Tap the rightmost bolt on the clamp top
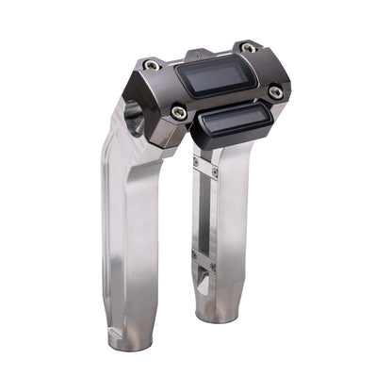pos(275,91)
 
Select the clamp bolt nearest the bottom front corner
pos(179,112)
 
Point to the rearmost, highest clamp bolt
pos(247,47)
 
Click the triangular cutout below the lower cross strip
pos(204,275)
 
